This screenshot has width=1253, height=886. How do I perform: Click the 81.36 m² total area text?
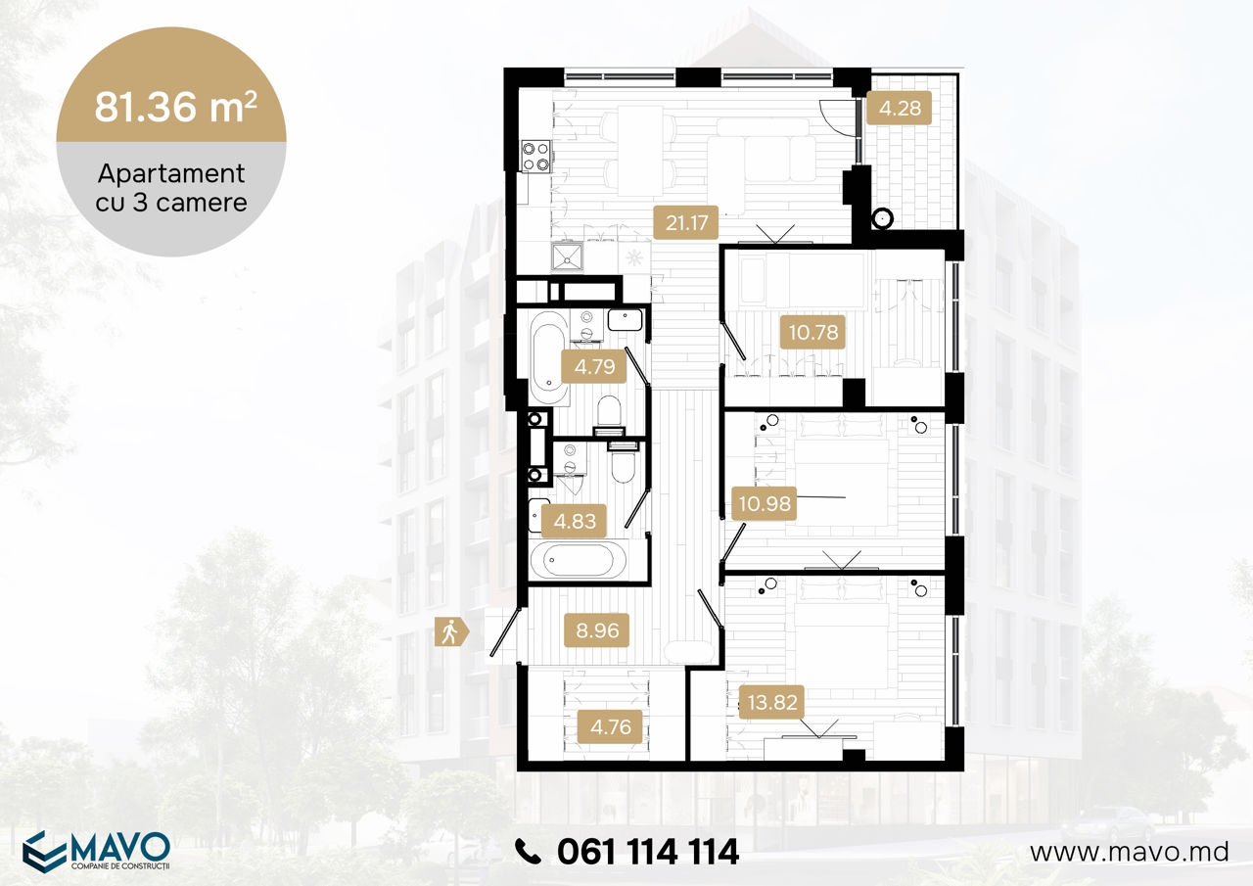175,107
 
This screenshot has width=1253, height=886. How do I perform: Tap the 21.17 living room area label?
686,222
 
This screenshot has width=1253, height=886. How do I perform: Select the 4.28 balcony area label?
899,108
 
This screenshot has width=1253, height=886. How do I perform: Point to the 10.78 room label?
812,332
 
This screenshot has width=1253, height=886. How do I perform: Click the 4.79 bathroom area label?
594,366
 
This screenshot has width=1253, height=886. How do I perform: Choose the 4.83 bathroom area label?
575,521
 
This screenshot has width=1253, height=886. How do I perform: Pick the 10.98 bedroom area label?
765,503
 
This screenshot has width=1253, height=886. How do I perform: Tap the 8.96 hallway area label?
597,630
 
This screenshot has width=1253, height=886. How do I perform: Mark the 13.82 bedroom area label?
772,702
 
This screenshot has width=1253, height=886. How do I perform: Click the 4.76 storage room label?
610,726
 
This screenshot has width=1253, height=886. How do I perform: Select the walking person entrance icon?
451,632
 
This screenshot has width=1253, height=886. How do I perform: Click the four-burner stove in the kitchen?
535,156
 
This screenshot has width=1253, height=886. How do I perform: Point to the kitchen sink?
567,256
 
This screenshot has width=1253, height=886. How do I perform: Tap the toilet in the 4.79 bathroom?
609,415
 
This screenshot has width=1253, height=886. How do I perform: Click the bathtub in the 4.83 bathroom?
578,560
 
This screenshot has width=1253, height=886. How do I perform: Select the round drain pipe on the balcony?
882,217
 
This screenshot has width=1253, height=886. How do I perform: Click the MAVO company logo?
96,852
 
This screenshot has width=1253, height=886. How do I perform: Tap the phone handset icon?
527,852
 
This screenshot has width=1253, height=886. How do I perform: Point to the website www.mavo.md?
1130,852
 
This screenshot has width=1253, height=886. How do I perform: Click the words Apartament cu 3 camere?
171,188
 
